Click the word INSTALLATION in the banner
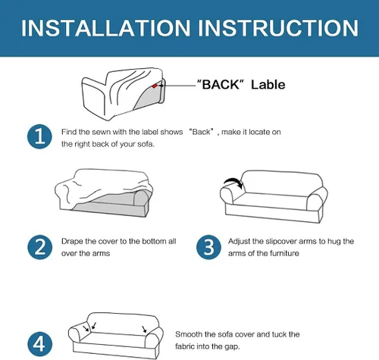tap(105, 28)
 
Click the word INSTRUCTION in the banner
tap(278, 28)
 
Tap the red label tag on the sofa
tap(155, 86)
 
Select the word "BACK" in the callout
tap(221, 84)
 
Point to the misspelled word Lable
tap(268, 84)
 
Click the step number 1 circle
tap(39, 136)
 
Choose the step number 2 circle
tap(39, 247)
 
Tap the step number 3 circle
tap(208, 247)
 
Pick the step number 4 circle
tap(39, 344)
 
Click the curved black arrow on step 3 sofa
tap(234, 180)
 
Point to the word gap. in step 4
tap(231, 346)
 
